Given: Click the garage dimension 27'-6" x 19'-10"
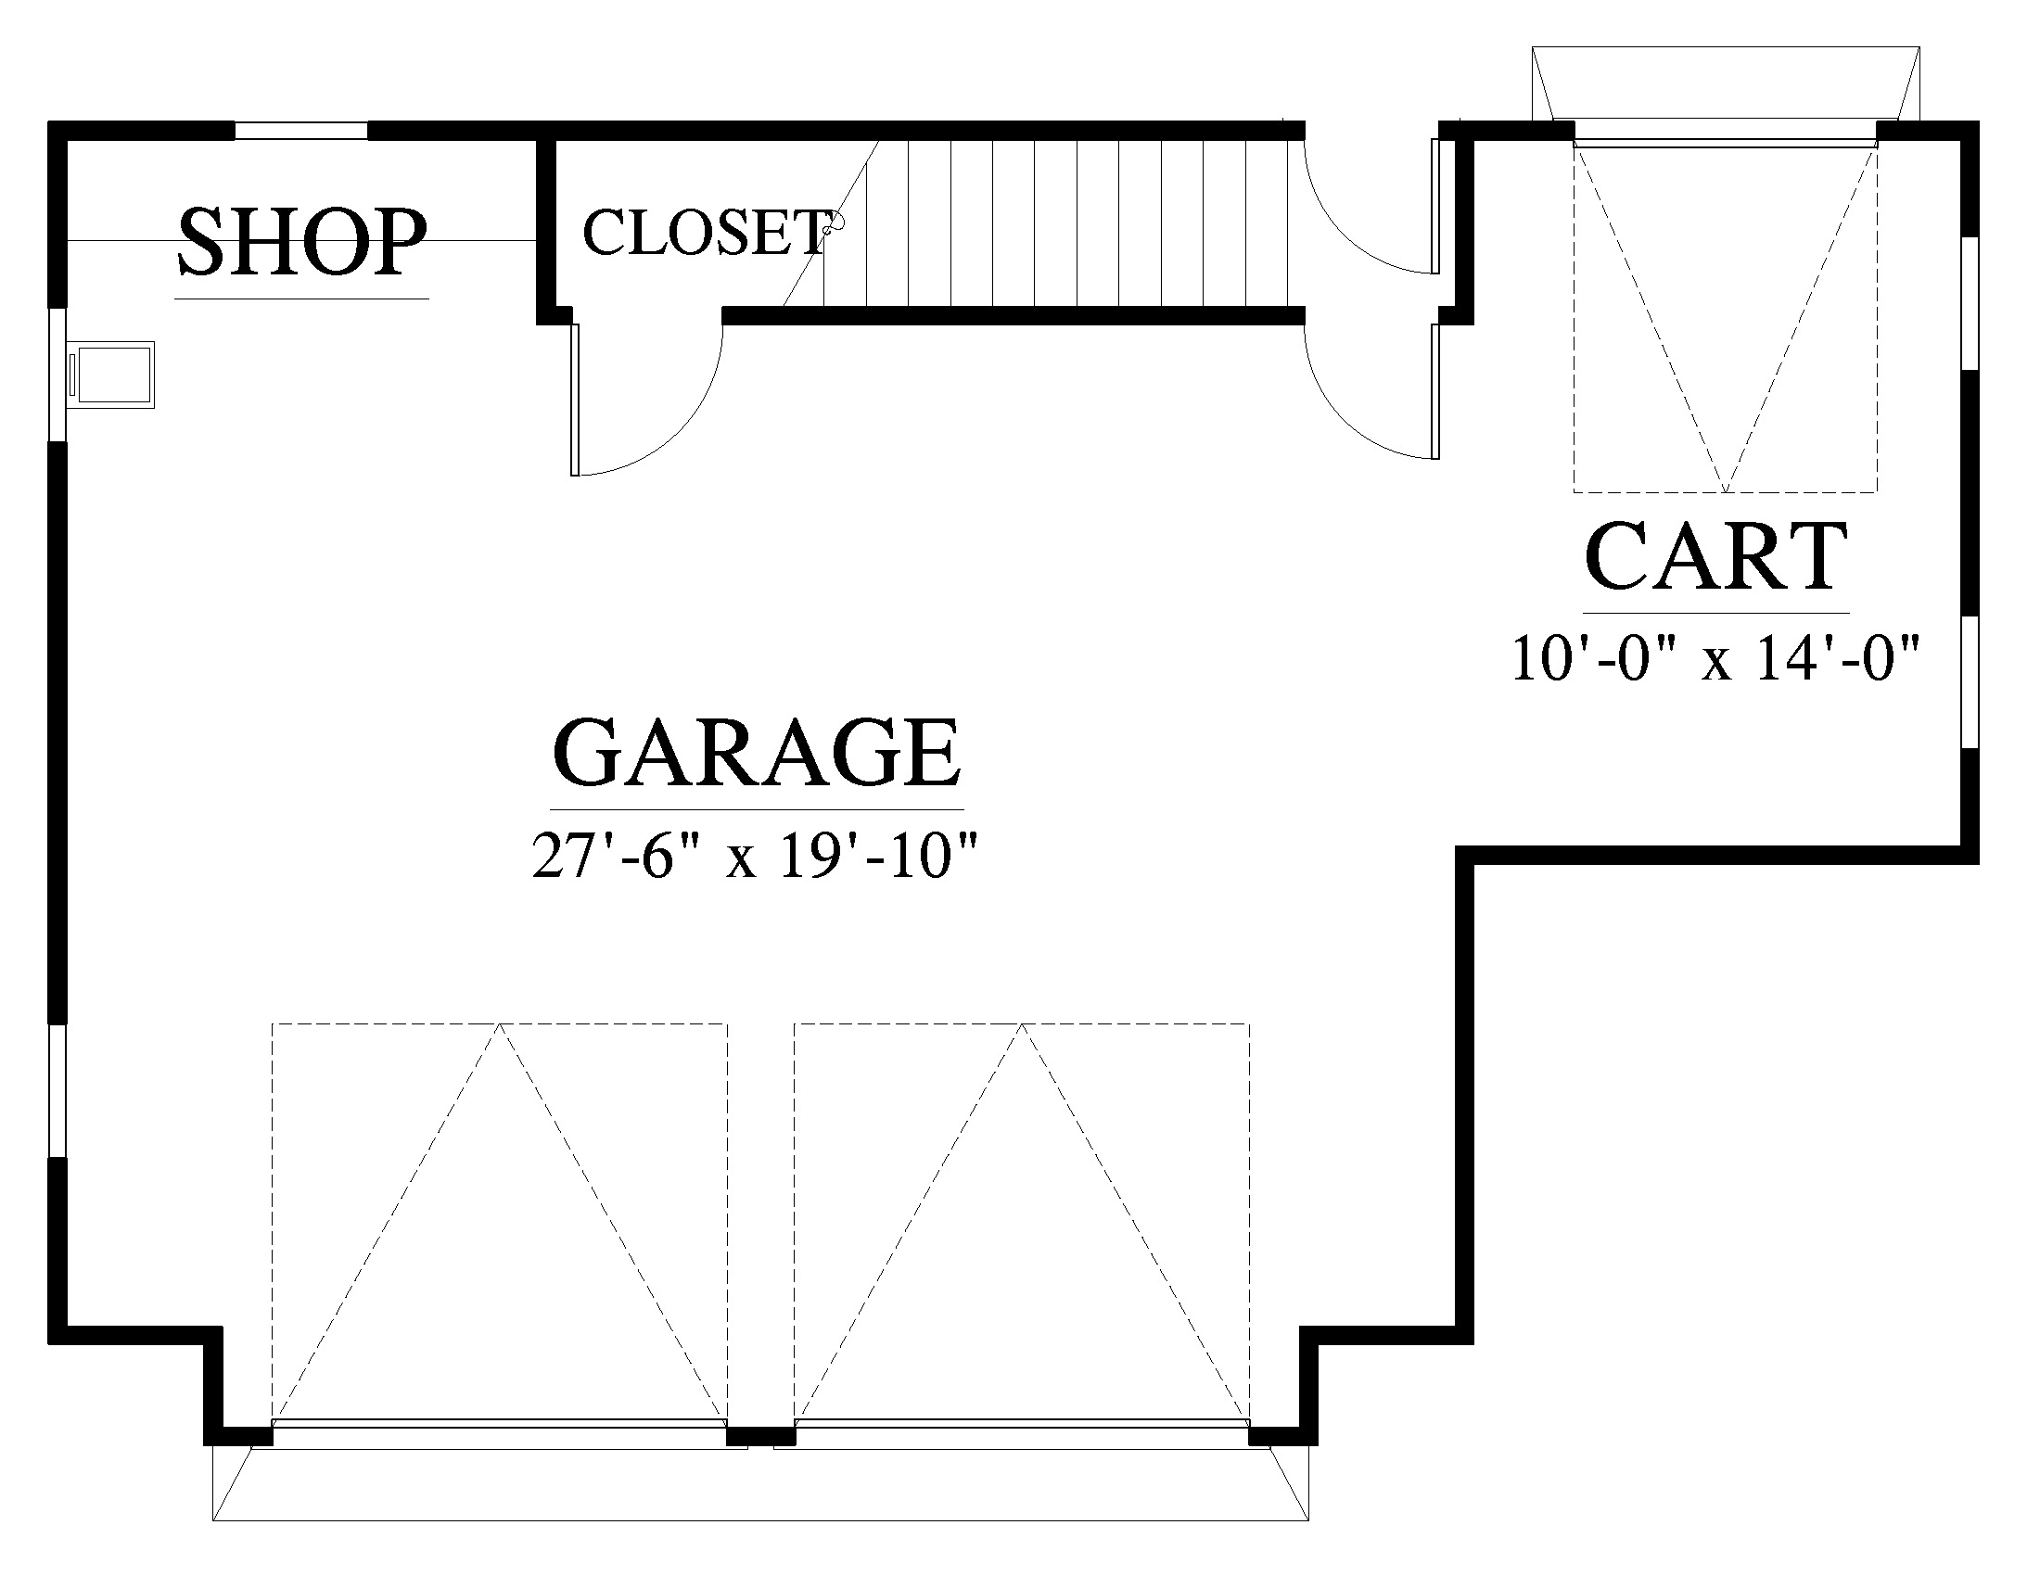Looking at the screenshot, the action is click(x=755, y=856).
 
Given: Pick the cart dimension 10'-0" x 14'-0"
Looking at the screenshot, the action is click(x=1715, y=659).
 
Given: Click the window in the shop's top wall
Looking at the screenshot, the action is click(x=300, y=131).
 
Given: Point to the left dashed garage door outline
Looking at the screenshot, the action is click(x=500, y=1222).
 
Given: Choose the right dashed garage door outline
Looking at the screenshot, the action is click(x=1022, y=1222).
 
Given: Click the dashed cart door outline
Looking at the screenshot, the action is click(x=1726, y=317).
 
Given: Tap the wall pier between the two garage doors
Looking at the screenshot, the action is click(x=760, y=1436).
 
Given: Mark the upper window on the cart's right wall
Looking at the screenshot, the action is click(x=1970, y=303).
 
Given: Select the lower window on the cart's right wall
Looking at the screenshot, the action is click(x=1970, y=681).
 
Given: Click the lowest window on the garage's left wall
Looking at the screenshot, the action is click(x=57, y=1091).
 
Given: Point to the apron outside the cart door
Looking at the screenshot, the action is click(x=1727, y=84).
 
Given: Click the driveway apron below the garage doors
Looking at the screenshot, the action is click(x=760, y=1484).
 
